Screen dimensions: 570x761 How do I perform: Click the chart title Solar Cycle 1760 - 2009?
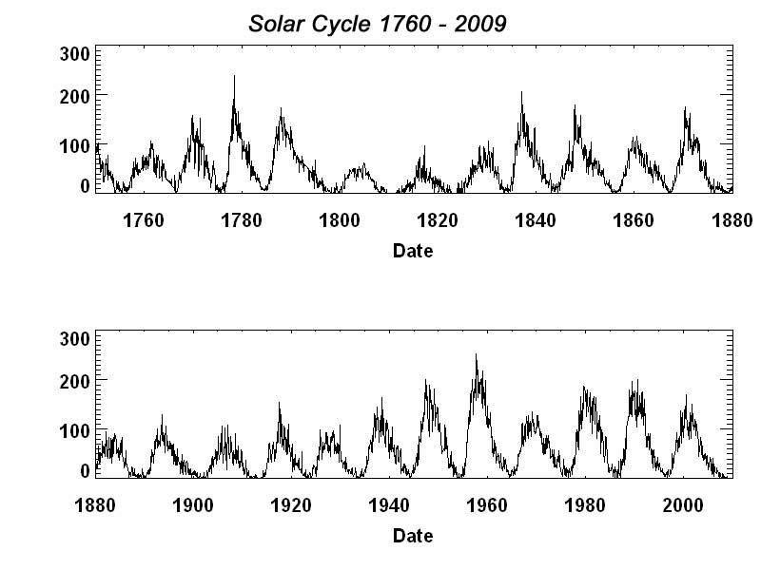point(378,24)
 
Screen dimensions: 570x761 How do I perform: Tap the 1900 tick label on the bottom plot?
point(193,505)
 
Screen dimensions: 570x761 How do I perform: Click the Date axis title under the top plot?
point(413,251)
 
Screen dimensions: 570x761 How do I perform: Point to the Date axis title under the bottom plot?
point(413,536)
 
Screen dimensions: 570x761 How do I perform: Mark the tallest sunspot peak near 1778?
point(234,76)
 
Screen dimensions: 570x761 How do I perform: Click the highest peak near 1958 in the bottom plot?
point(476,354)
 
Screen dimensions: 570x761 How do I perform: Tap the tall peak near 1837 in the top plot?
point(521,92)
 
